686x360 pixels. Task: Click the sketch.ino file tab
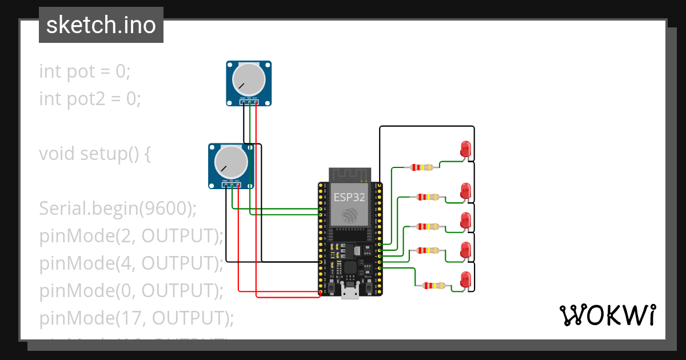(101, 25)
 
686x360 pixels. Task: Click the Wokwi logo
(607, 315)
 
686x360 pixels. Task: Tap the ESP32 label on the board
(349, 197)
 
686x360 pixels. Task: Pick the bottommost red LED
(465, 279)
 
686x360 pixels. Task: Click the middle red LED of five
(465, 220)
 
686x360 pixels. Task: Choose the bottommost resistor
(432, 286)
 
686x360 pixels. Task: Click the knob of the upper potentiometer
(249, 79)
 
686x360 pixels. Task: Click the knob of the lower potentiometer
(232, 161)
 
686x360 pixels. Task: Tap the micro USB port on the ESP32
(349, 293)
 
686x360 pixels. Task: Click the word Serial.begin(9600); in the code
(118, 209)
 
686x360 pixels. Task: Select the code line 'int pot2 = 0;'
(90, 99)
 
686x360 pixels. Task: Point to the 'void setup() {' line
(95, 154)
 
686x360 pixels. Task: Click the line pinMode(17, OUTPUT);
(137, 318)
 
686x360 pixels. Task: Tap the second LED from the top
(465, 190)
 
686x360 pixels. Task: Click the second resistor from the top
(429, 197)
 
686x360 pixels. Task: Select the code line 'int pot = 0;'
(85, 71)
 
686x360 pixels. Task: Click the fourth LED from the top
(465, 249)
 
